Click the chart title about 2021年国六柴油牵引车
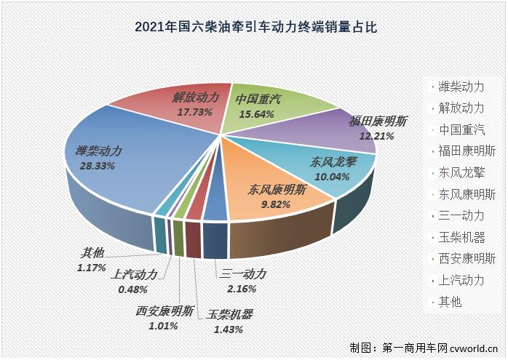pos(254,28)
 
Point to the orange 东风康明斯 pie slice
pos(269,196)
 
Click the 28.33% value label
pos(93,167)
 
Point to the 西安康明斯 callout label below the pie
pos(164,312)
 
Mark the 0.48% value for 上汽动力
pos(134,289)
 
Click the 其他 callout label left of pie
pos(92,253)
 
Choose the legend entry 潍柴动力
pos(461,87)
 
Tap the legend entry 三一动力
pos(461,215)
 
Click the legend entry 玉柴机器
pos(461,237)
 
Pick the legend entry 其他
pos(449,301)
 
